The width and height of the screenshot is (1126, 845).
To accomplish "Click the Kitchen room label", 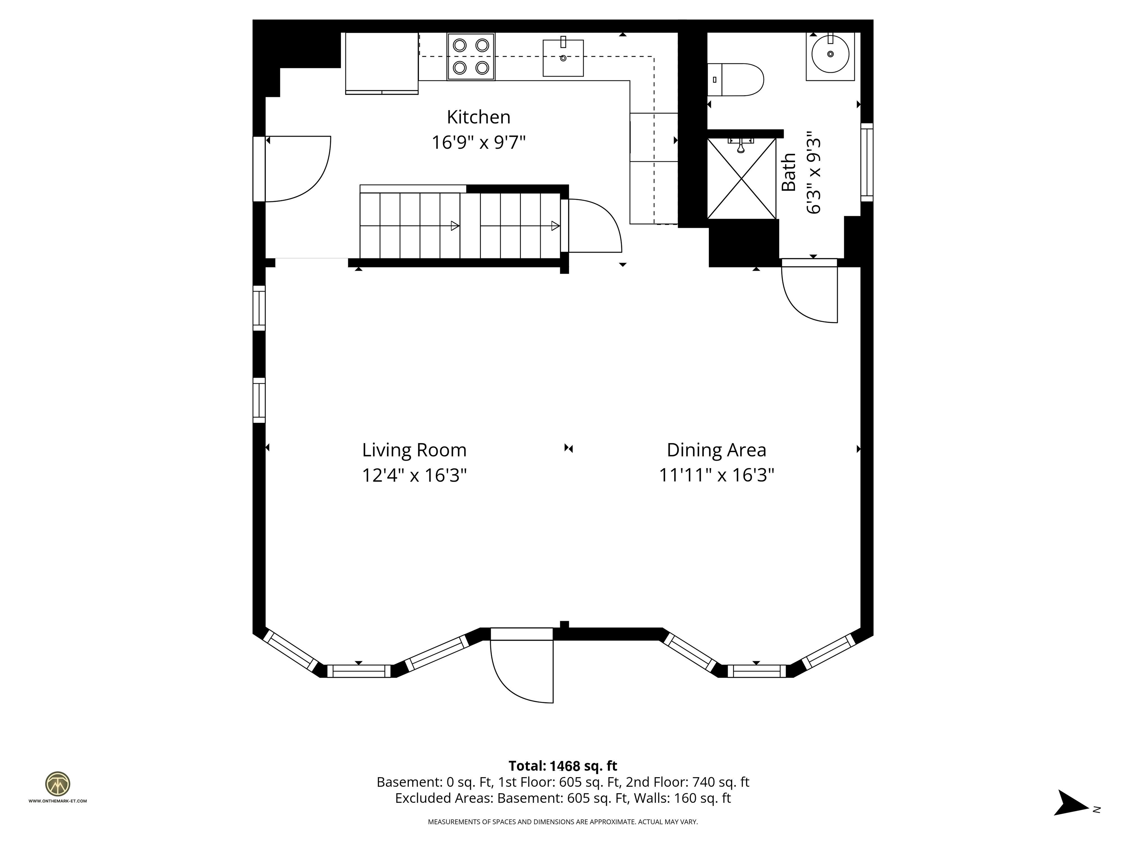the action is pos(478,117).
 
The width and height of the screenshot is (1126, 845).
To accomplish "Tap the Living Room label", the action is pos(414,450).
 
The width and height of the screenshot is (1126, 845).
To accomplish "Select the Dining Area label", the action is pos(716,450).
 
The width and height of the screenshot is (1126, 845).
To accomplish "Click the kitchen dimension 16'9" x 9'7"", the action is pos(478,142).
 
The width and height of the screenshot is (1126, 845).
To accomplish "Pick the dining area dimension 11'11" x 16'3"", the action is pos(716,475).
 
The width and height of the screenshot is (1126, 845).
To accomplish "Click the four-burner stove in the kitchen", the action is pos(471,56).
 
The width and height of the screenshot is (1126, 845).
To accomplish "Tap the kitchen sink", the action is pos(563,57).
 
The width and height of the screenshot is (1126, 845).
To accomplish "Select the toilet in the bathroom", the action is pos(736,80).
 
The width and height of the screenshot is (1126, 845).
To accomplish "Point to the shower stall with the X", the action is pos(742,178).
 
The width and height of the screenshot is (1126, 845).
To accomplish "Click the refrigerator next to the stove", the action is pos(382,63).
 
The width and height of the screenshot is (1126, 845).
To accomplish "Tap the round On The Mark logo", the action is pos(58,784).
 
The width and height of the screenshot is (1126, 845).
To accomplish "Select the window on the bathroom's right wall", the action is pos(867,162).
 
